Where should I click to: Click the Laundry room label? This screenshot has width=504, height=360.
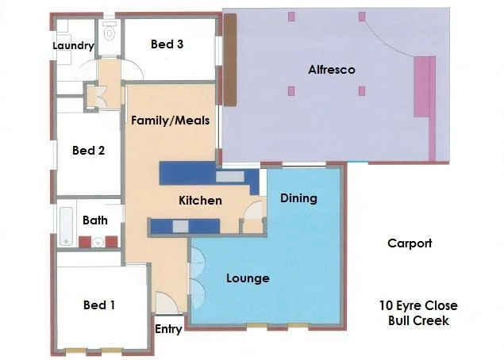click(x=74, y=46)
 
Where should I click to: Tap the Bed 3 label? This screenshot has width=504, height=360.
click(x=167, y=44)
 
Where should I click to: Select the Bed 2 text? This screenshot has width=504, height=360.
click(x=88, y=150)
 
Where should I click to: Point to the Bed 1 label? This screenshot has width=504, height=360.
click(x=99, y=304)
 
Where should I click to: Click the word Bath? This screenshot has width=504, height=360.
click(x=95, y=220)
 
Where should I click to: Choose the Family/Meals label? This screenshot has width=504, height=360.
click(x=171, y=121)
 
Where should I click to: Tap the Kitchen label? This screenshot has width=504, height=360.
click(x=200, y=201)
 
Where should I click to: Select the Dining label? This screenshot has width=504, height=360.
click(x=298, y=198)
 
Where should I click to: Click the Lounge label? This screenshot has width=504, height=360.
click(x=248, y=278)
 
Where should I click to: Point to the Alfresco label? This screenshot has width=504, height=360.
click(x=331, y=70)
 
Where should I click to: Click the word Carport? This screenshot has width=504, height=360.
click(x=410, y=243)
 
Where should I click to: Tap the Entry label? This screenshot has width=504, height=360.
click(x=168, y=329)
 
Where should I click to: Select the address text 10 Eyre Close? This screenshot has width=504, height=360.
click(x=417, y=305)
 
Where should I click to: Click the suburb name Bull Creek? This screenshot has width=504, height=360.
click(x=418, y=320)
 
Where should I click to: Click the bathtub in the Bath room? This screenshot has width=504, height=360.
click(x=67, y=225)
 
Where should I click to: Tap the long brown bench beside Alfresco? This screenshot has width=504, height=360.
click(x=231, y=59)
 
